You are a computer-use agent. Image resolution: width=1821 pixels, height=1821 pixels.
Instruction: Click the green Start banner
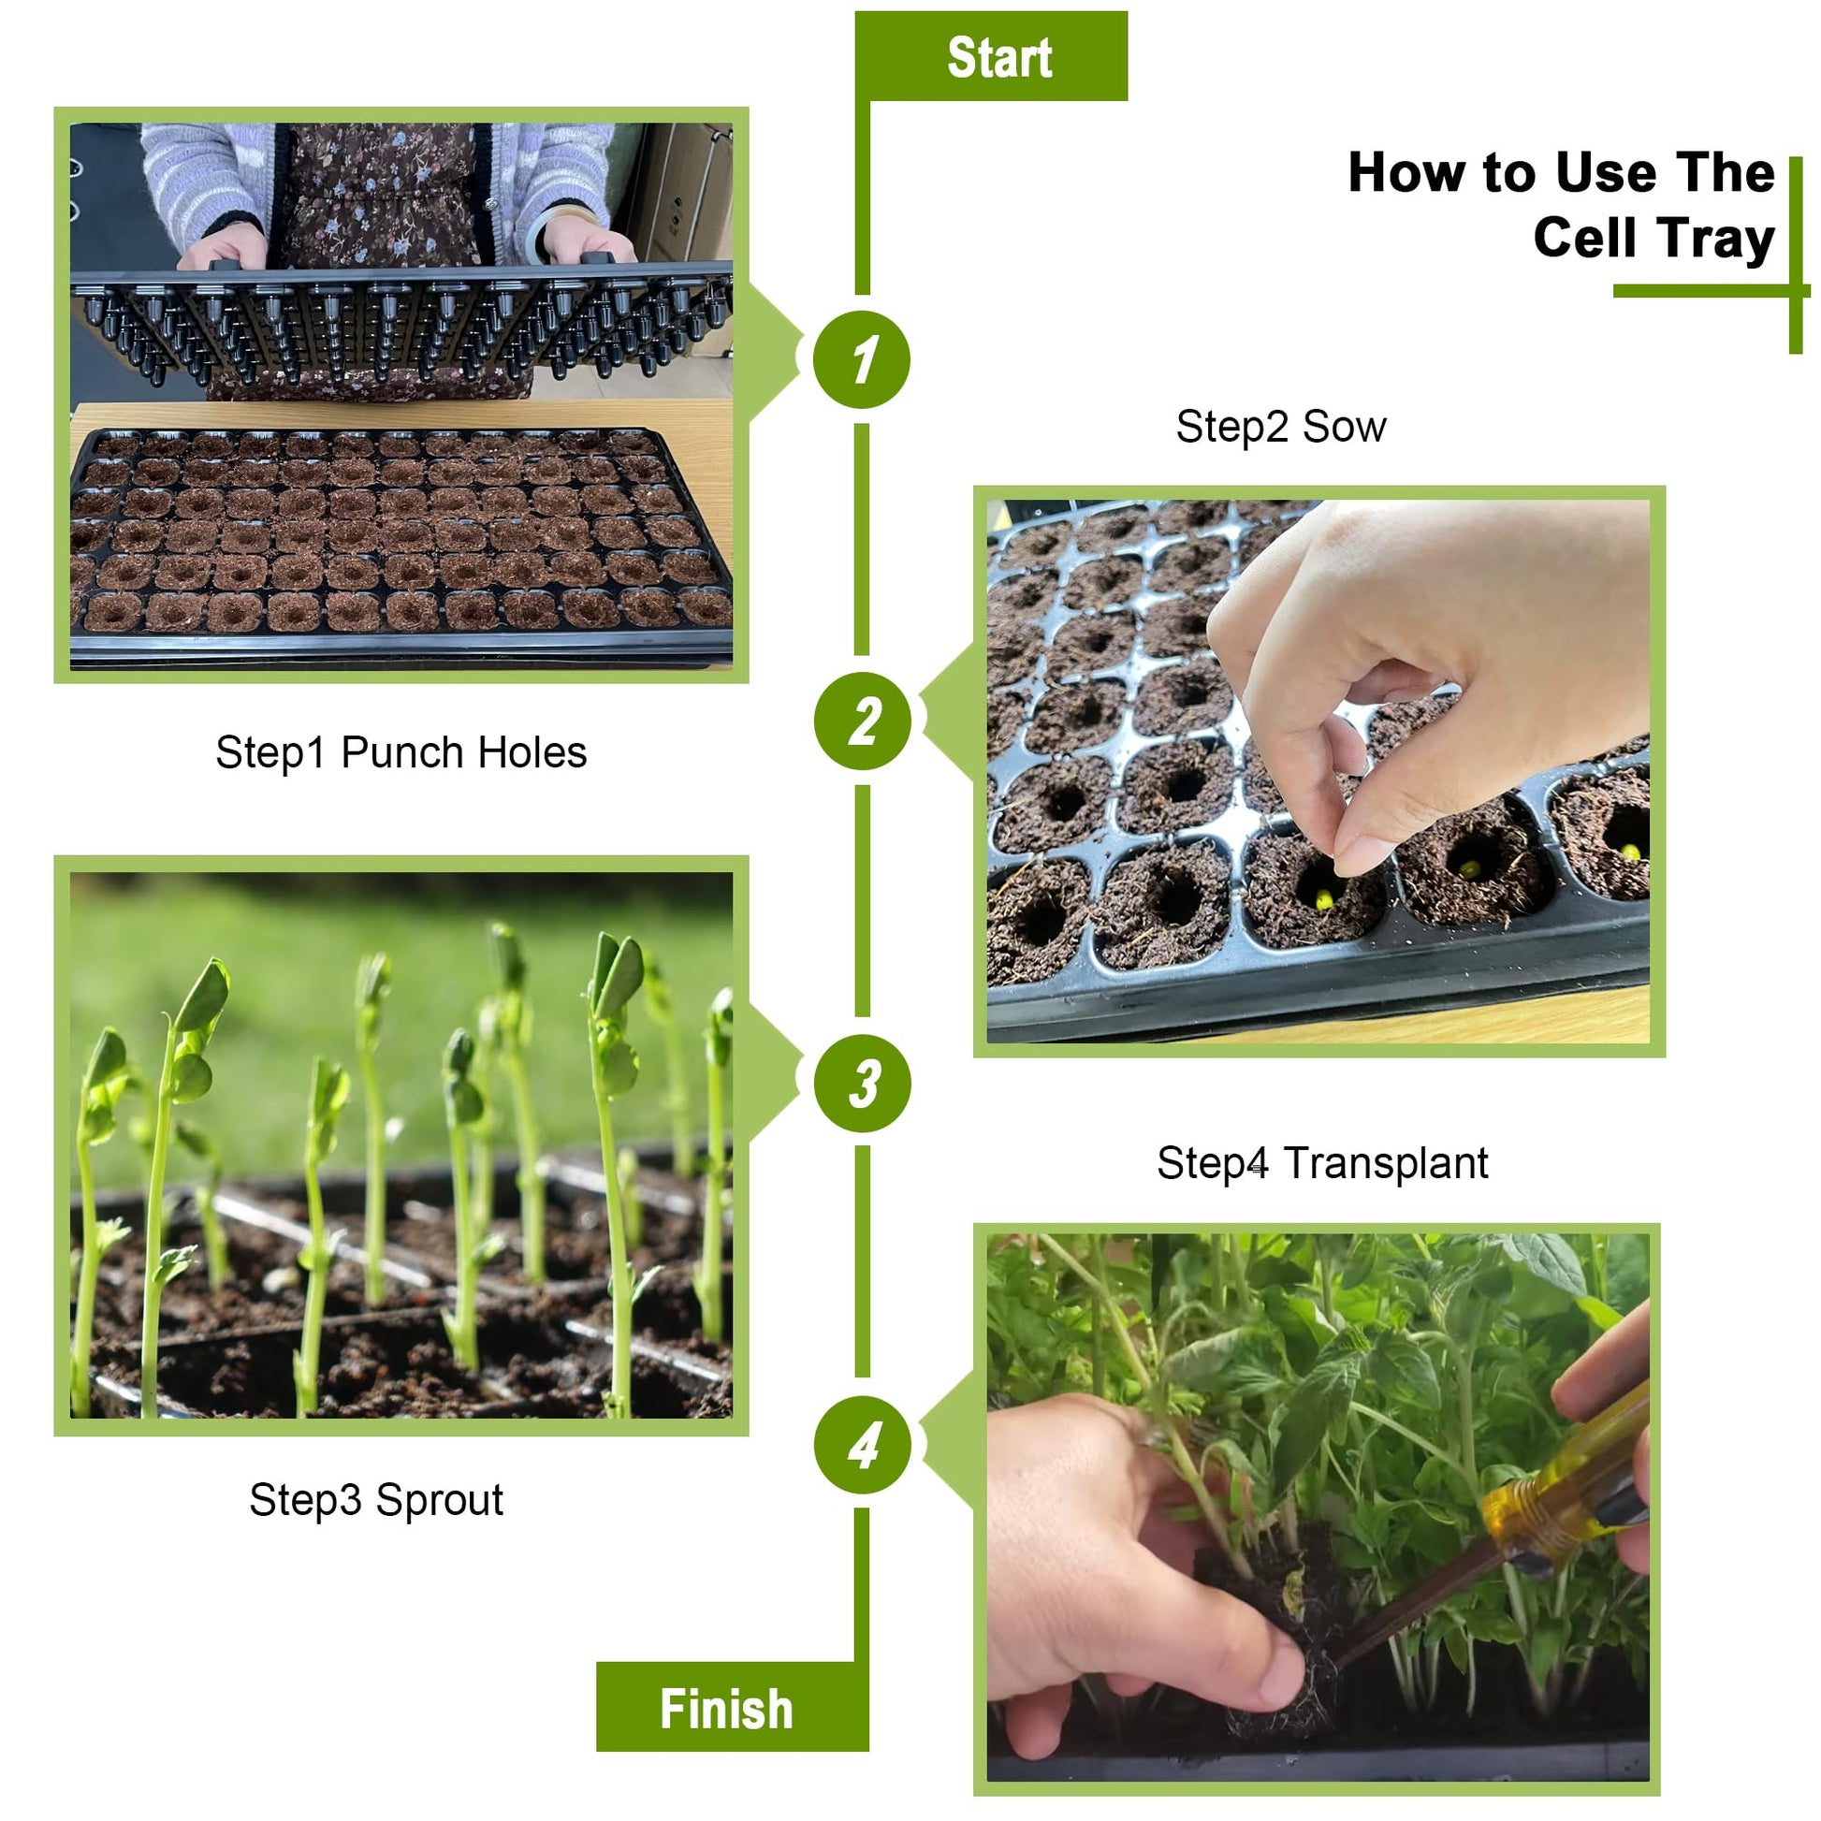point(991,56)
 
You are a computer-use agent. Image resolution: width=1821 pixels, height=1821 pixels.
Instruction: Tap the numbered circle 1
point(862,359)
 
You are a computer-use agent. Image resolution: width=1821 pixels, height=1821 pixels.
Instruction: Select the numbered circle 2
point(863,721)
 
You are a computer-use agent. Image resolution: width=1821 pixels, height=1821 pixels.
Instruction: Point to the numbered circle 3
point(863,1083)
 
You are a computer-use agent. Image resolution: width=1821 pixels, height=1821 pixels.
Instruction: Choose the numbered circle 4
point(863,1445)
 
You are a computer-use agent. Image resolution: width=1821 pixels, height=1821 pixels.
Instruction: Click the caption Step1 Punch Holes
point(401,753)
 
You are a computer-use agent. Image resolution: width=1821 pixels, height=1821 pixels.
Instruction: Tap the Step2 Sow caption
point(1281,427)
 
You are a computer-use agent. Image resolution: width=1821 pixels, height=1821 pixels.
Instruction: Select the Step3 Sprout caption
point(376,1501)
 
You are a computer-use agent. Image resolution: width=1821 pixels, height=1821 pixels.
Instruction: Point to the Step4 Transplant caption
point(1322,1163)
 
